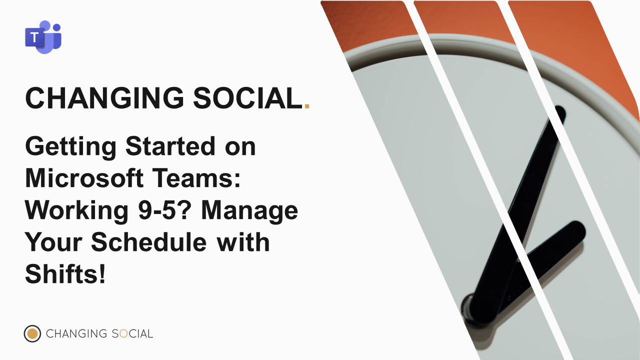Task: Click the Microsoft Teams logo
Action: (x=43, y=37)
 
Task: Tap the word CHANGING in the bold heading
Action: (x=104, y=97)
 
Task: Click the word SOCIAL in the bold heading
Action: (x=248, y=97)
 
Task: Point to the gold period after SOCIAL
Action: (x=307, y=106)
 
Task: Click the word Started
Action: (x=170, y=146)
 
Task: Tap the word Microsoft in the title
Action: (x=84, y=178)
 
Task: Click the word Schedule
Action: (x=149, y=242)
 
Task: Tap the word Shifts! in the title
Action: (x=65, y=273)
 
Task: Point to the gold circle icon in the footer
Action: (x=32, y=333)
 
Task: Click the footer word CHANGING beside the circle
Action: (x=76, y=333)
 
